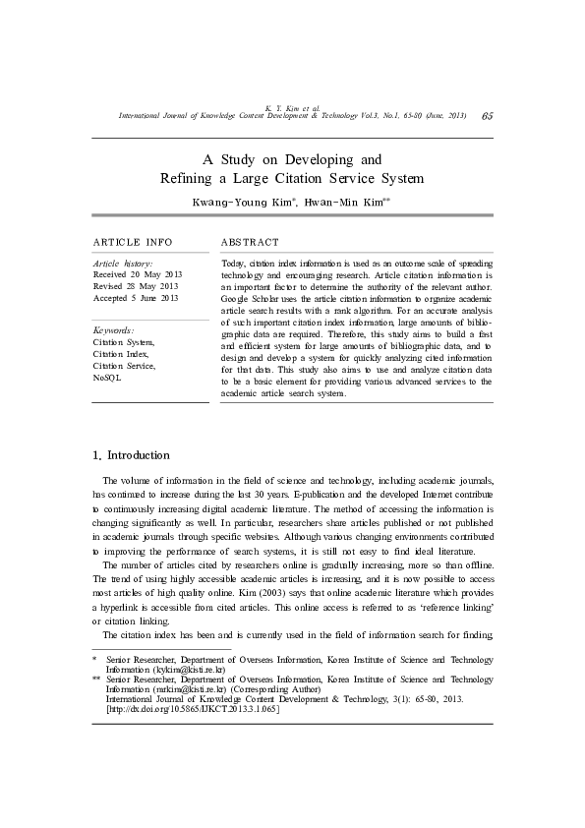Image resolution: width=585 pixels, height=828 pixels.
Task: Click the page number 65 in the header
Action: point(488,115)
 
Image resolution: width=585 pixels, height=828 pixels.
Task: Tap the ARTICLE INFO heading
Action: point(133,242)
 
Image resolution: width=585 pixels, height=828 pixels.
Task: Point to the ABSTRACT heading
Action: point(250,242)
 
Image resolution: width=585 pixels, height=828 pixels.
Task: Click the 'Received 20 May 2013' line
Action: point(138,274)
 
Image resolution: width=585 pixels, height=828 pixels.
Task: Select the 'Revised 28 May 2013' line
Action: point(136,286)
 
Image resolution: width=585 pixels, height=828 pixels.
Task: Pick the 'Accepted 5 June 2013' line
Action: point(136,297)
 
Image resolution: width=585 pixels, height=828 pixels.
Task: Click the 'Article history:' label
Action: point(122,264)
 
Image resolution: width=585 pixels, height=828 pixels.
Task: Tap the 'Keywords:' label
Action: point(113,330)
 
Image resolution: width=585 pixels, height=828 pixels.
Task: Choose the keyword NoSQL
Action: point(107,377)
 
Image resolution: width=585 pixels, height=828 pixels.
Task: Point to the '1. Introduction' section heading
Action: point(131,455)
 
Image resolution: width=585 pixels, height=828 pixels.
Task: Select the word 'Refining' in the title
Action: point(186,178)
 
